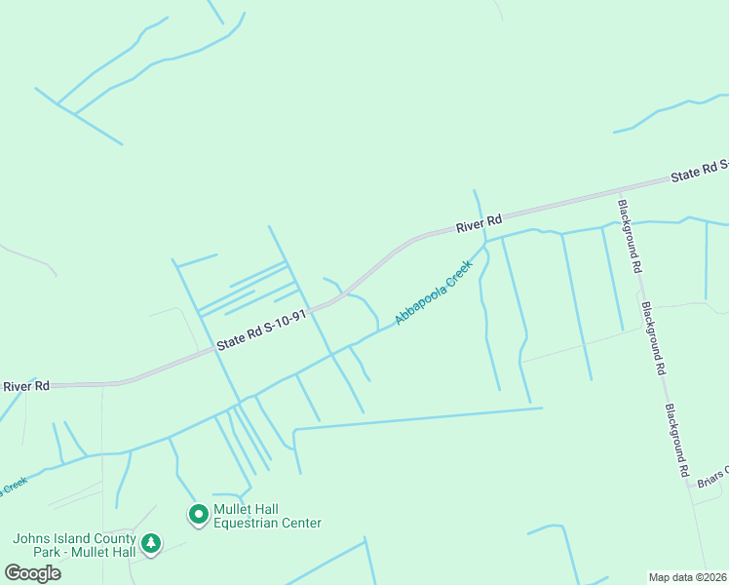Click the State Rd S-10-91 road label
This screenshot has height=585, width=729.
262,330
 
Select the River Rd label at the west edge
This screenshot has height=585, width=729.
25,386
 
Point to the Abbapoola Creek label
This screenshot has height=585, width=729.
434,292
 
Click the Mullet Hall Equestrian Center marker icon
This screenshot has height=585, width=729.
199,514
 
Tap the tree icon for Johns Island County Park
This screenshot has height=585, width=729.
151,543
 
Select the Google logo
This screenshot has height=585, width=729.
33,572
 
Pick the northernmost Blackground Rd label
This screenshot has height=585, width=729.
630,236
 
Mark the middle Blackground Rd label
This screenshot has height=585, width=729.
653,337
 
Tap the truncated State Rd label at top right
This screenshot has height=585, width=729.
700,172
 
